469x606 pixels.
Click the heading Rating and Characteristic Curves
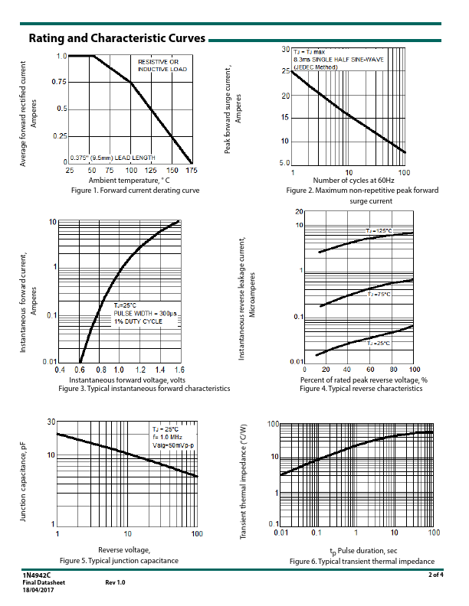tap(116, 38)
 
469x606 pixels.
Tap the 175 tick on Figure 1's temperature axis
tap(191, 170)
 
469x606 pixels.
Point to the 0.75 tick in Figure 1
tap(58, 82)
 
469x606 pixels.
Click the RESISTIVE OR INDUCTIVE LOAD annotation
tap(158, 64)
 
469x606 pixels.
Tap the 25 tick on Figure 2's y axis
tap(285, 71)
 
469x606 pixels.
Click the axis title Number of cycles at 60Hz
tap(349, 180)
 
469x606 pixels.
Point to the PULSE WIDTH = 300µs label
tap(146, 314)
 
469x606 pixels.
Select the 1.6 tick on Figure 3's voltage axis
tap(179, 370)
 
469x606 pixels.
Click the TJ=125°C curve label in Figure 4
tap(379, 230)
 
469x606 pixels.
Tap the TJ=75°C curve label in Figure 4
tap(379, 294)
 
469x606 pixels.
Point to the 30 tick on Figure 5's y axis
tap(51, 422)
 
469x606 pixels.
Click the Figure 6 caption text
tap(362, 562)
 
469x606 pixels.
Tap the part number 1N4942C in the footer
tap(37, 575)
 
